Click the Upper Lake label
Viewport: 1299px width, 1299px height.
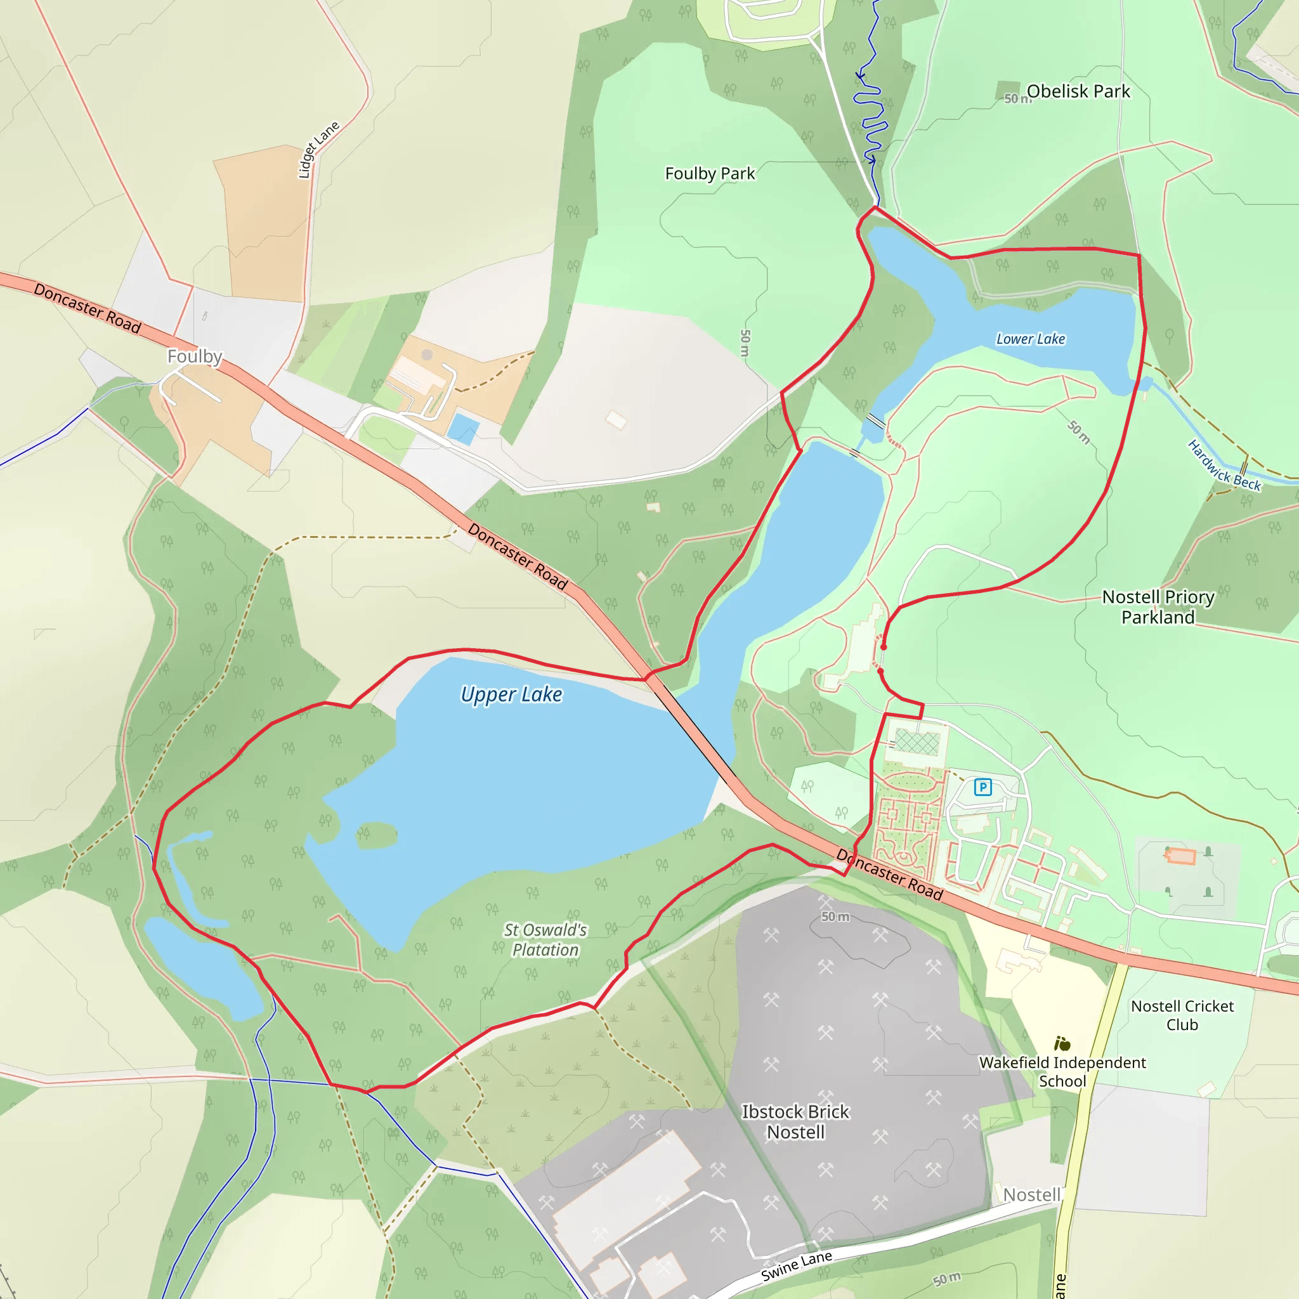tap(511, 694)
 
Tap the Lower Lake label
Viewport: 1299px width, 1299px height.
tap(1030, 339)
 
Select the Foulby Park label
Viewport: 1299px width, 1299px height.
tap(709, 173)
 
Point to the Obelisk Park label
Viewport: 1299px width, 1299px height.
tap(1078, 91)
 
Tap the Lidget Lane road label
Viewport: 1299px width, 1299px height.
tap(318, 149)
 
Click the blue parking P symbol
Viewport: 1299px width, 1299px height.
tap(982, 787)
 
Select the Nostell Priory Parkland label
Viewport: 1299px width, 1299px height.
tap(1158, 606)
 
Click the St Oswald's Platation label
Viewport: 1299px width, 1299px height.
tap(545, 939)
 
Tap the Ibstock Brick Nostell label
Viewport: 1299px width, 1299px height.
tap(795, 1121)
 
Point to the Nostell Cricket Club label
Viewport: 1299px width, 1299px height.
tap(1182, 1015)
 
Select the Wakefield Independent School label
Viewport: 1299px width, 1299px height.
tap(1062, 1072)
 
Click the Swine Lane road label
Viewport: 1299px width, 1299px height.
tap(796, 1266)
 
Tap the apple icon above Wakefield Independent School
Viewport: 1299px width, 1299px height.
tap(1062, 1043)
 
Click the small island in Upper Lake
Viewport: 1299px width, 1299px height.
tap(377, 835)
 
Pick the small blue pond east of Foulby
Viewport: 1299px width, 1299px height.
tap(463, 428)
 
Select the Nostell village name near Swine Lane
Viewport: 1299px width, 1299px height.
tap(1031, 1195)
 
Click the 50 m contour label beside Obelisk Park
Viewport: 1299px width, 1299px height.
tap(1017, 99)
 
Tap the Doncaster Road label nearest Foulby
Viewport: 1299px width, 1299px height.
tap(88, 309)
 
